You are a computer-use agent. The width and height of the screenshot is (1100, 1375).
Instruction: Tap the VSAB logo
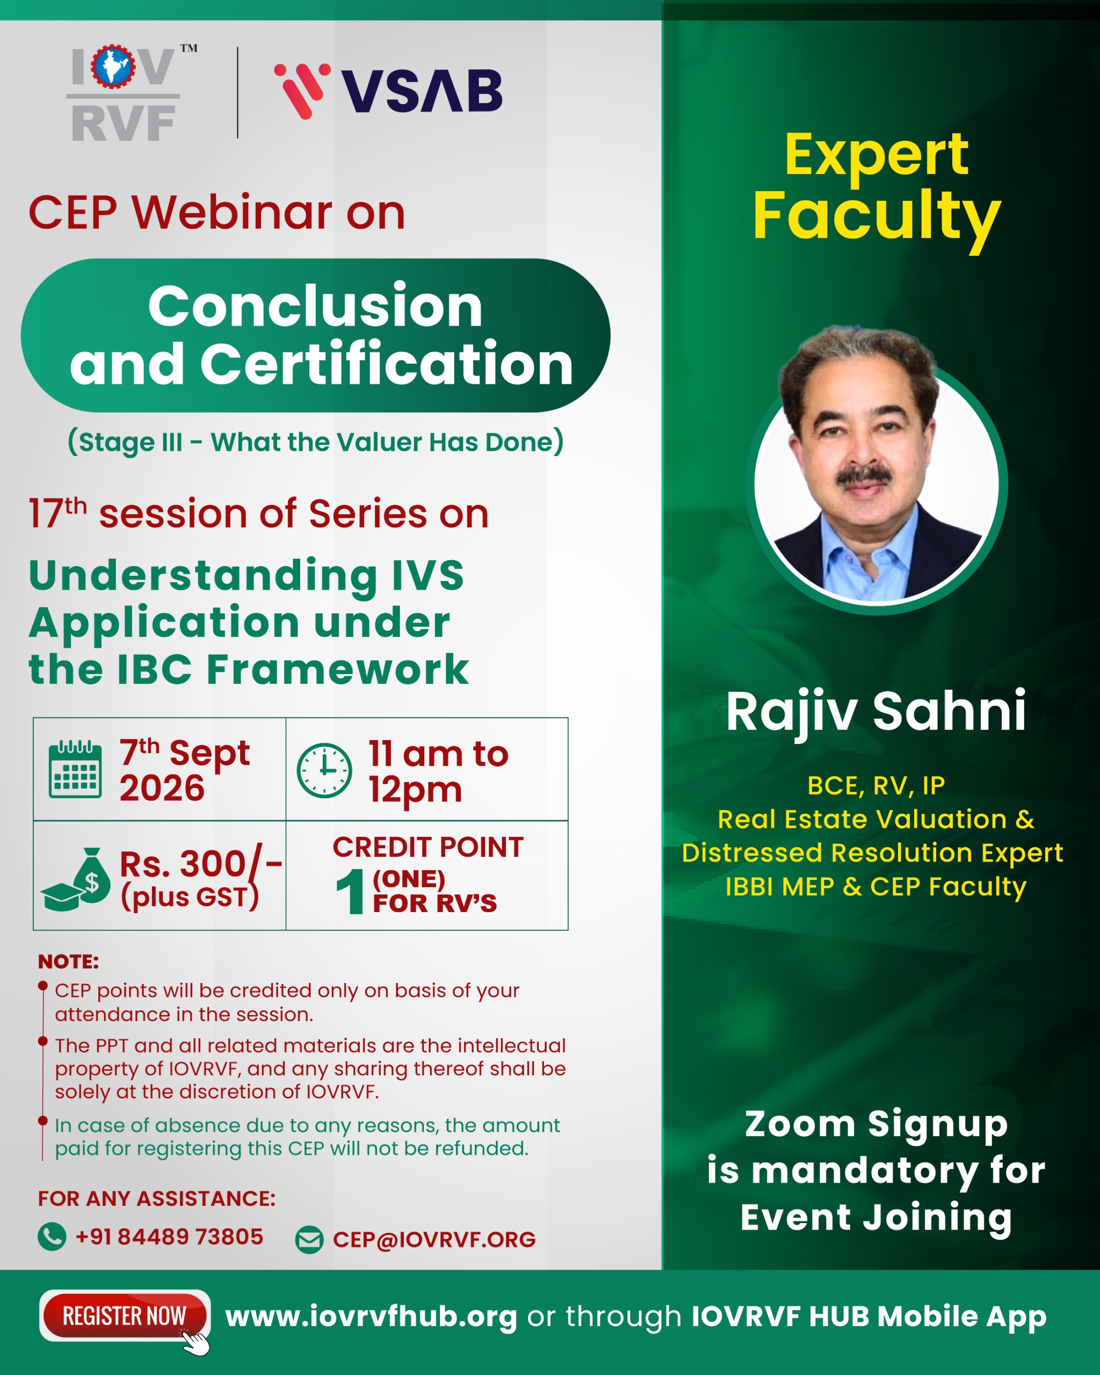pos(388,91)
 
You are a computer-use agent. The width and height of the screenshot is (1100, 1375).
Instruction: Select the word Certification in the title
pos(386,364)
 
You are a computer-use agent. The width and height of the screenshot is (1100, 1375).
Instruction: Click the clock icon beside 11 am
pos(324,770)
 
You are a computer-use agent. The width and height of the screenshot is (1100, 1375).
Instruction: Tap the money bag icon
pos(76,879)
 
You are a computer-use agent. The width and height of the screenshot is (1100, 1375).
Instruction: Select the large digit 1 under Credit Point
pos(350,891)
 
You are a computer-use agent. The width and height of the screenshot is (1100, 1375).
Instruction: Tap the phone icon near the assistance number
pos(52,1236)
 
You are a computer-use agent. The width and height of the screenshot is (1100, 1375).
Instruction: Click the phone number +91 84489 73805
pos(169,1236)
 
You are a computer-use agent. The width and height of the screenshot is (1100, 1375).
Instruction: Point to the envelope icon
pos(309,1240)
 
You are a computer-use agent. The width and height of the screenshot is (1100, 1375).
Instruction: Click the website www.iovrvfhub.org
pos(371,1316)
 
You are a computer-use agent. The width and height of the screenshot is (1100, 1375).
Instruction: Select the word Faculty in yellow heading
pos(877,217)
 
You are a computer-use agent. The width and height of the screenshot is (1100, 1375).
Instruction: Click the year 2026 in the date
pos(162,788)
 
